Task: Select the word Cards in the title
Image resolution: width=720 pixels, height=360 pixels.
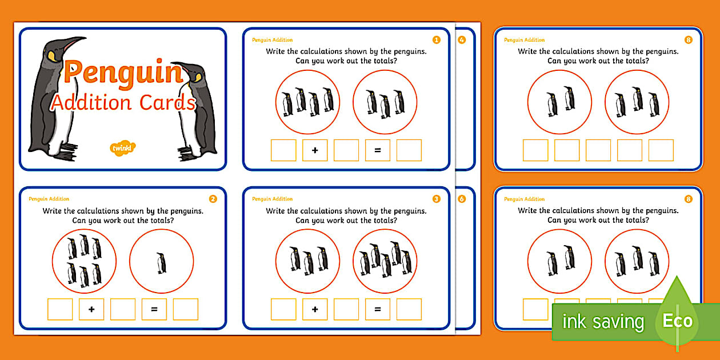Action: tap(168, 102)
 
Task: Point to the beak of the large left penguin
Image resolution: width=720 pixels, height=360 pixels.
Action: tap(75, 42)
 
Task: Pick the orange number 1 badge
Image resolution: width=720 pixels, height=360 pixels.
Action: tap(437, 40)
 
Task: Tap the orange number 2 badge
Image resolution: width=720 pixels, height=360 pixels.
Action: tap(213, 199)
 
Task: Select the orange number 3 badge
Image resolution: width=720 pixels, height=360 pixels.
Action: tap(437, 199)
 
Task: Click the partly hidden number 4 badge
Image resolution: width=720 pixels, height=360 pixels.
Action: tap(462, 40)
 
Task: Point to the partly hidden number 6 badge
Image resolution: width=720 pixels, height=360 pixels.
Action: tap(462, 199)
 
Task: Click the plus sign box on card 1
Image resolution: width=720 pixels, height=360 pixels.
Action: tap(315, 150)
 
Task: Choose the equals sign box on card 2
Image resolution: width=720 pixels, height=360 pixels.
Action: tap(154, 309)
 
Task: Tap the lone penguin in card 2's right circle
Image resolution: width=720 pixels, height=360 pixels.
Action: tap(162, 263)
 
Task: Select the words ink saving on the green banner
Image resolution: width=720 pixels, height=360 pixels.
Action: tap(603, 322)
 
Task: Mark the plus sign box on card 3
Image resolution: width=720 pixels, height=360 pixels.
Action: tap(315, 309)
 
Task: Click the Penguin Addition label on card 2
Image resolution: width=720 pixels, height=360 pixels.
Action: tap(49, 199)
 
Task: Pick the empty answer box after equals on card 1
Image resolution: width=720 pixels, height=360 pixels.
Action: tap(409, 150)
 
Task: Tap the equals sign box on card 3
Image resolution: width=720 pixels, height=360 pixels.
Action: tap(378, 309)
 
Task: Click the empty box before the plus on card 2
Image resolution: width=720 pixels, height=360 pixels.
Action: tap(60, 309)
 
